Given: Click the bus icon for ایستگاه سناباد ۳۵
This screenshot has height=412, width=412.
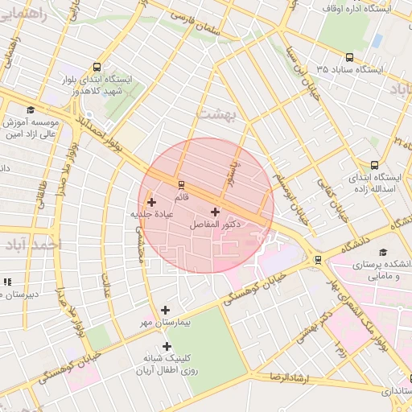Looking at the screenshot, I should (349, 57).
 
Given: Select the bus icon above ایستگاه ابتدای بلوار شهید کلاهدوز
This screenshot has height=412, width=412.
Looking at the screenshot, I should (97, 68).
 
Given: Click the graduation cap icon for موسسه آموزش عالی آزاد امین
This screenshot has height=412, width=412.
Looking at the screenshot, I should (31, 110).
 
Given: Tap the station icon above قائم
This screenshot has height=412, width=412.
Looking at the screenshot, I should (180, 184).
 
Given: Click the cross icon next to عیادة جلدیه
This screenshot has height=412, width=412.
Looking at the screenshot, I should (151, 201).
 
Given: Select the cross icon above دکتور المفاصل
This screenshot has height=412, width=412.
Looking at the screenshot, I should (214, 212).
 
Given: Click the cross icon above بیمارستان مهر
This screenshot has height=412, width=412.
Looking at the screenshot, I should (166, 310).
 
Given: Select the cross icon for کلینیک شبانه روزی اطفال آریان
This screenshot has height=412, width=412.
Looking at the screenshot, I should (167, 346).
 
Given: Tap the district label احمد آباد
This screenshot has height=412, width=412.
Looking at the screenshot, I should (27, 244).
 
